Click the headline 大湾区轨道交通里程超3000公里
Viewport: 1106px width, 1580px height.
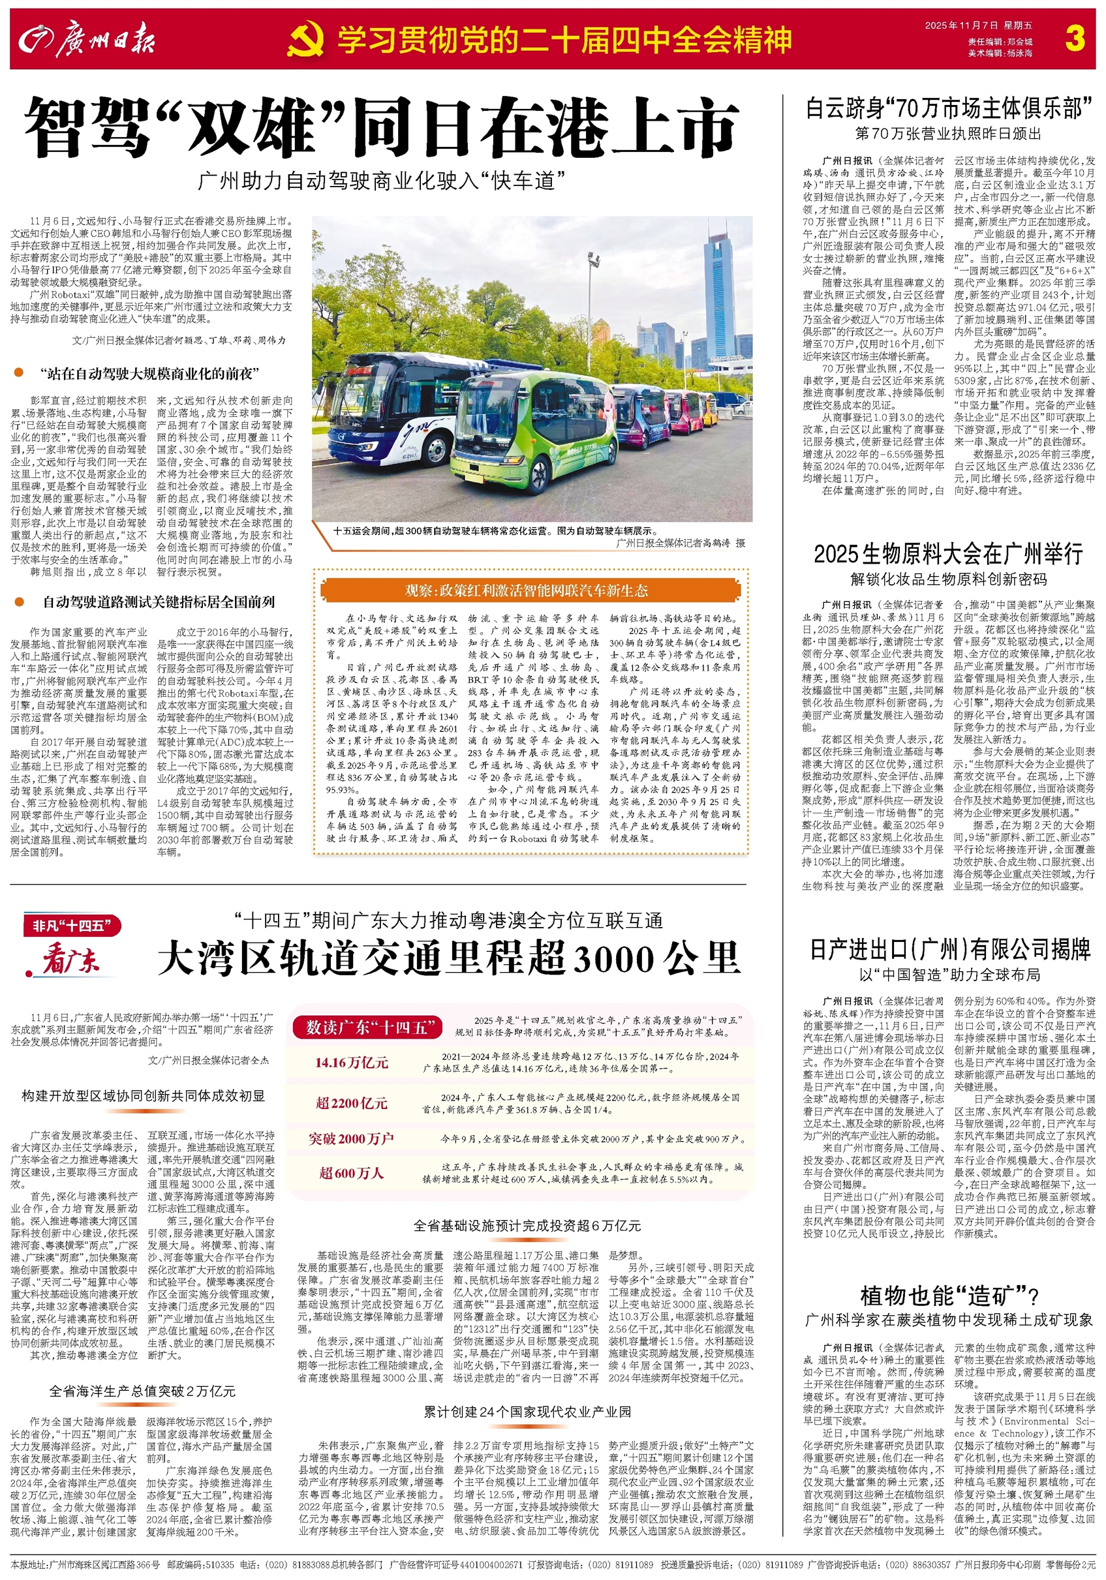point(449,958)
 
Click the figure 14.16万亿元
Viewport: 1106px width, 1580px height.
point(351,1063)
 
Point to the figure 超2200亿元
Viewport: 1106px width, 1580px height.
point(351,1103)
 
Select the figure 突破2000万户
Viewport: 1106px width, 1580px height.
point(351,1139)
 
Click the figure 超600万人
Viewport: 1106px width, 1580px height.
point(351,1174)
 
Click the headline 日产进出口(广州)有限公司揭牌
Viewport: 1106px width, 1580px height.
point(949,950)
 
